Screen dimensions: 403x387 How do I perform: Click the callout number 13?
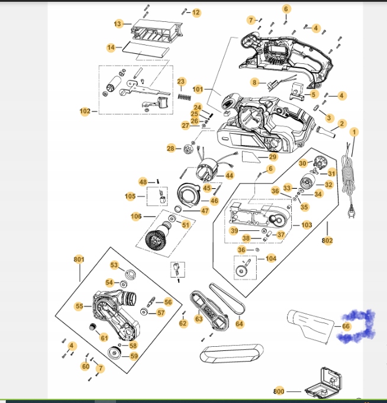pyautogui.click(x=118, y=24)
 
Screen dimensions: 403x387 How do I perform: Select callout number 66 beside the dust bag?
pyautogui.click(x=346, y=325)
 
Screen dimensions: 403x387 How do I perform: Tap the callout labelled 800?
pyautogui.click(x=279, y=391)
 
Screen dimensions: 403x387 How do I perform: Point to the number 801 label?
pyautogui.click(x=79, y=259)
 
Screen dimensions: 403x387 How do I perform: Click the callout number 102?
pyautogui.click(x=85, y=111)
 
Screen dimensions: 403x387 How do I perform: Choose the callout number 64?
pyautogui.click(x=239, y=324)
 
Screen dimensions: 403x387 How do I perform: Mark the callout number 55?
pyautogui.click(x=79, y=306)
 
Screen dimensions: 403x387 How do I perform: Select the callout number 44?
pyautogui.click(x=229, y=176)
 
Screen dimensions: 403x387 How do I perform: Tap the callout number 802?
pyautogui.click(x=327, y=241)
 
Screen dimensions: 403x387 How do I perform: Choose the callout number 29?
pyautogui.click(x=273, y=157)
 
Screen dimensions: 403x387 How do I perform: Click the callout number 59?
pyautogui.click(x=134, y=356)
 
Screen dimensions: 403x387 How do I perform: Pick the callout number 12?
pyautogui.click(x=196, y=12)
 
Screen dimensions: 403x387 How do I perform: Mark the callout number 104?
pyautogui.click(x=271, y=259)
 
